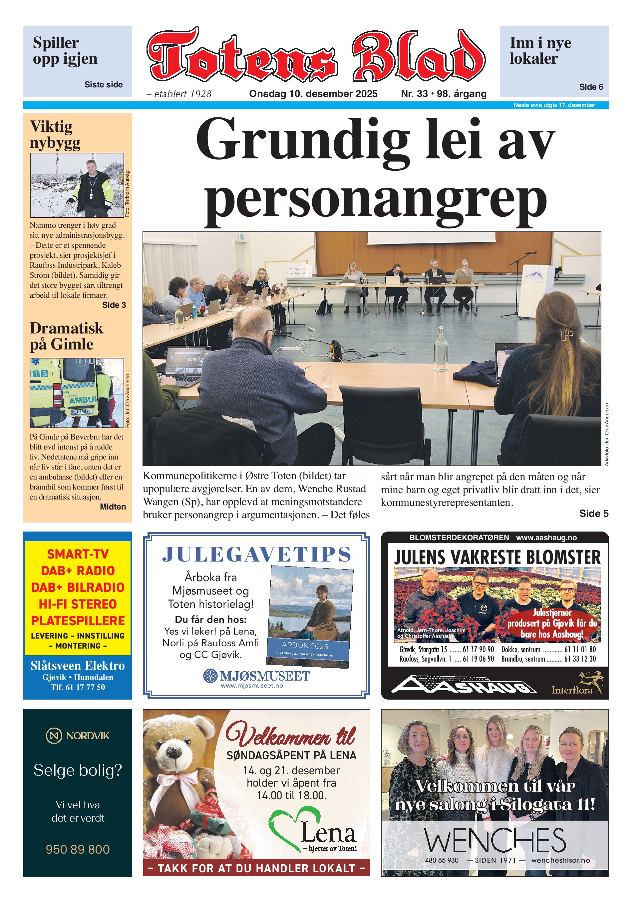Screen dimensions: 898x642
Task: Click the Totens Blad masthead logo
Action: click(x=315, y=55)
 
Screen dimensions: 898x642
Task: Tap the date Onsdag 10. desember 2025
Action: click(x=313, y=94)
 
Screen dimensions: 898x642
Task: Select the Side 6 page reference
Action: click(x=591, y=87)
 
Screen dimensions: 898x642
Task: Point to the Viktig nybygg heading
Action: click(x=55, y=135)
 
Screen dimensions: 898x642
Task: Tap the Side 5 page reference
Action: click(x=593, y=513)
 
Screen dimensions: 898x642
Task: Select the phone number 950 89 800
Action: click(x=78, y=849)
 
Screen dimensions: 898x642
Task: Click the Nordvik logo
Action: click(x=78, y=736)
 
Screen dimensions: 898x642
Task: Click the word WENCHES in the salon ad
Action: click(x=494, y=840)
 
